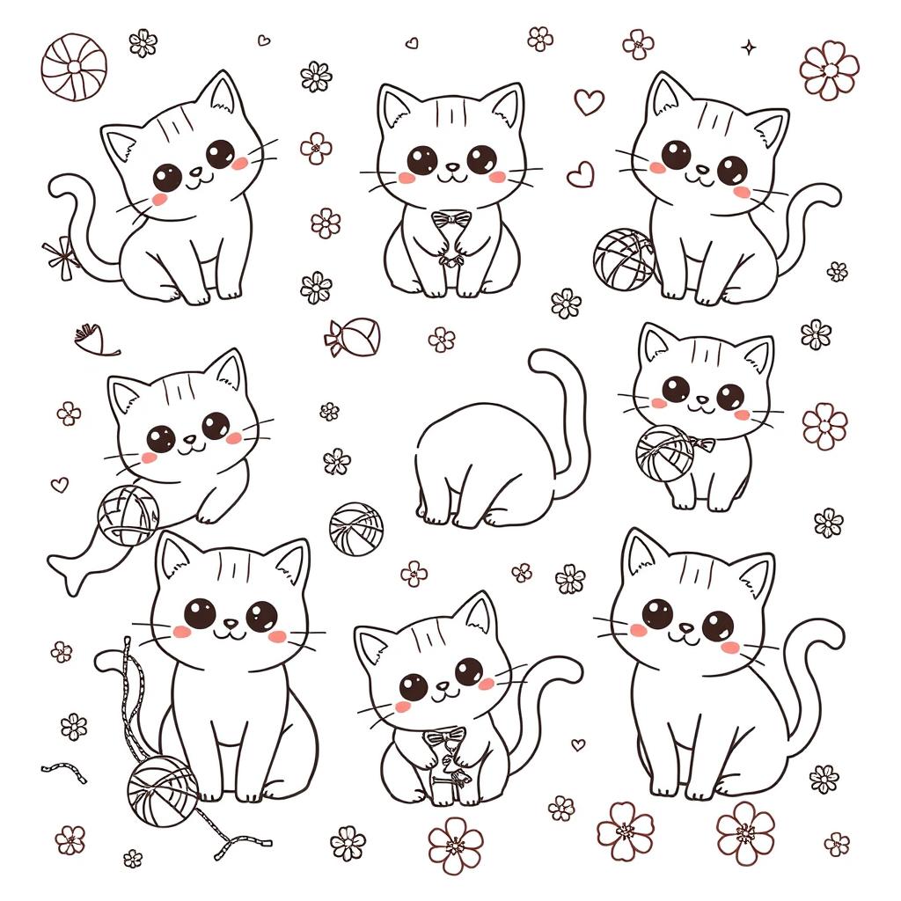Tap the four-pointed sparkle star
(x=749, y=47)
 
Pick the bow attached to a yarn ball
(x=701, y=443)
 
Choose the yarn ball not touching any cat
(x=355, y=527)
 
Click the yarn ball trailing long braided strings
(x=161, y=782)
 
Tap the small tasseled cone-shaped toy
(x=97, y=340)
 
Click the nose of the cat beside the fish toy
(x=189, y=438)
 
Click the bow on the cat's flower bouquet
(x=443, y=732)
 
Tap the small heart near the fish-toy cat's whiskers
(x=59, y=484)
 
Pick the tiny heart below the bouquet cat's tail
(x=577, y=744)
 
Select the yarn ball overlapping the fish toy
(x=128, y=515)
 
